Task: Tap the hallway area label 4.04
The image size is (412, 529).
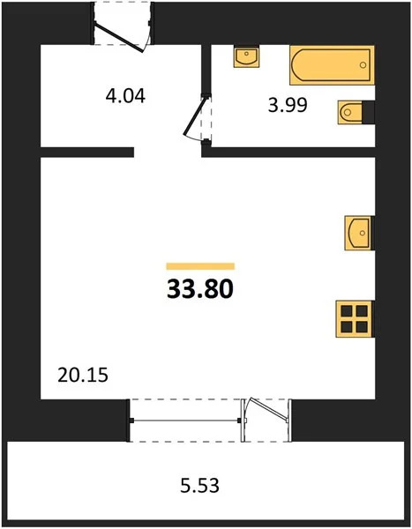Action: coord(124,94)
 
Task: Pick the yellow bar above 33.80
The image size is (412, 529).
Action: coord(200,265)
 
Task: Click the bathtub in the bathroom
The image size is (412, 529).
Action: coord(331,64)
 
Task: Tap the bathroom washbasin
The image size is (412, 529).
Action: coord(246,56)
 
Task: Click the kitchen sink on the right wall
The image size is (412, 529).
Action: coord(359,234)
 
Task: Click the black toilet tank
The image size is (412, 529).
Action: coord(368,112)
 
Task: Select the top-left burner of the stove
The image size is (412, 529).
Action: coord(348,310)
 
